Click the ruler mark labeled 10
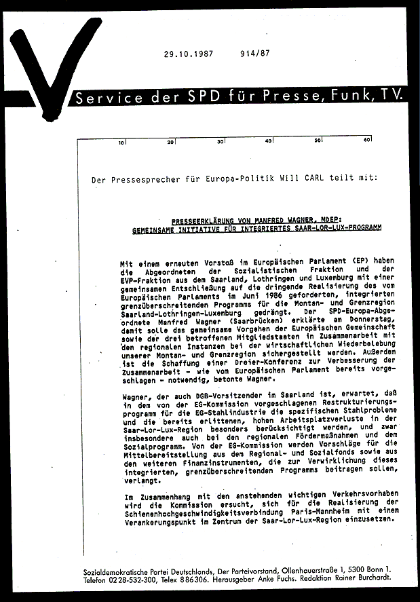pos(121,143)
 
